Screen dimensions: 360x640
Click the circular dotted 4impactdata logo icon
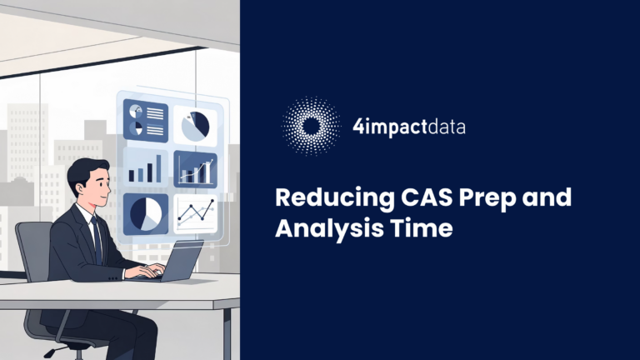click(312, 127)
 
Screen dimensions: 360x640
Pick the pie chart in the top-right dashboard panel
click(194, 125)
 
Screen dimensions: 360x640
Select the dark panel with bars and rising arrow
click(194, 169)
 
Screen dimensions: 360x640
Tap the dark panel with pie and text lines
click(145, 120)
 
